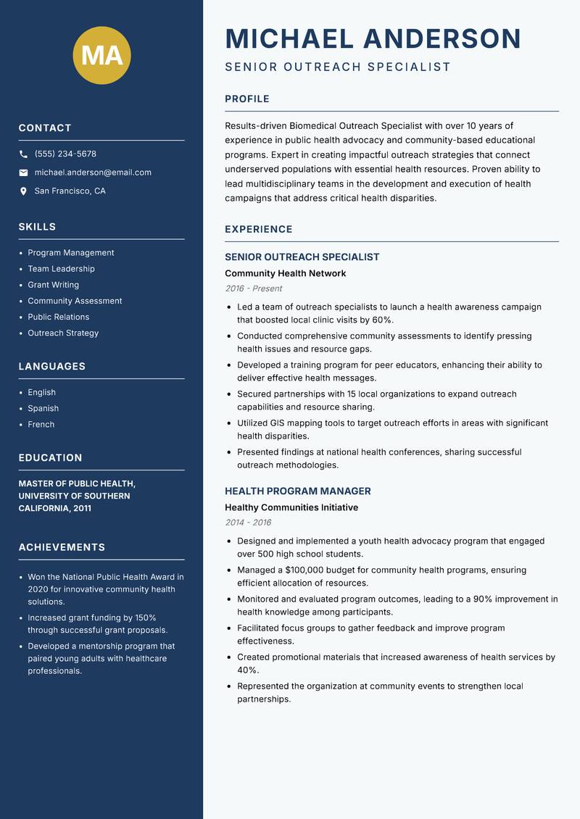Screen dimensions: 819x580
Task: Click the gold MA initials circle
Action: [101, 55]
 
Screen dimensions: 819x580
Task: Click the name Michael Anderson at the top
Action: [373, 38]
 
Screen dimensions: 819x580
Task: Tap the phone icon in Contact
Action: [23, 154]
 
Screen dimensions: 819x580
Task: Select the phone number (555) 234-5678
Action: [65, 154]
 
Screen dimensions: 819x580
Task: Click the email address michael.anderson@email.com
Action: [93, 172]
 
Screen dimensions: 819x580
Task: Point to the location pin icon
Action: [23, 191]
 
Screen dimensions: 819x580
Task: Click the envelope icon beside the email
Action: [23, 172]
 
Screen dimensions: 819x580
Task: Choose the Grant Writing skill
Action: [53, 285]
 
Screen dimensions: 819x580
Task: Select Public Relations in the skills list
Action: [58, 317]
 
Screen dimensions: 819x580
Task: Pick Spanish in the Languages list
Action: [43, 408]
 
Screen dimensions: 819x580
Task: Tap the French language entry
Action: [41, 424]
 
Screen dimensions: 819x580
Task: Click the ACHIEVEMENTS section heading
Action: [62, 547]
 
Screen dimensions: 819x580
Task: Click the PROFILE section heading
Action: [246, 99]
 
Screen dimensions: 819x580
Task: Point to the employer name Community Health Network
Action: [285, 273]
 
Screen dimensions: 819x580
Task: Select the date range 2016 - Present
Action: [253, 288]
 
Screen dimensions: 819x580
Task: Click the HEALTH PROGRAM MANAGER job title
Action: [297, 491]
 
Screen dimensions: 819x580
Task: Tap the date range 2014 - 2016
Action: [248, 523]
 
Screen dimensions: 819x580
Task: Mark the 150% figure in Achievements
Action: [145, 618]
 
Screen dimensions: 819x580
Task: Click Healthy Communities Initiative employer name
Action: [291, 507]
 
